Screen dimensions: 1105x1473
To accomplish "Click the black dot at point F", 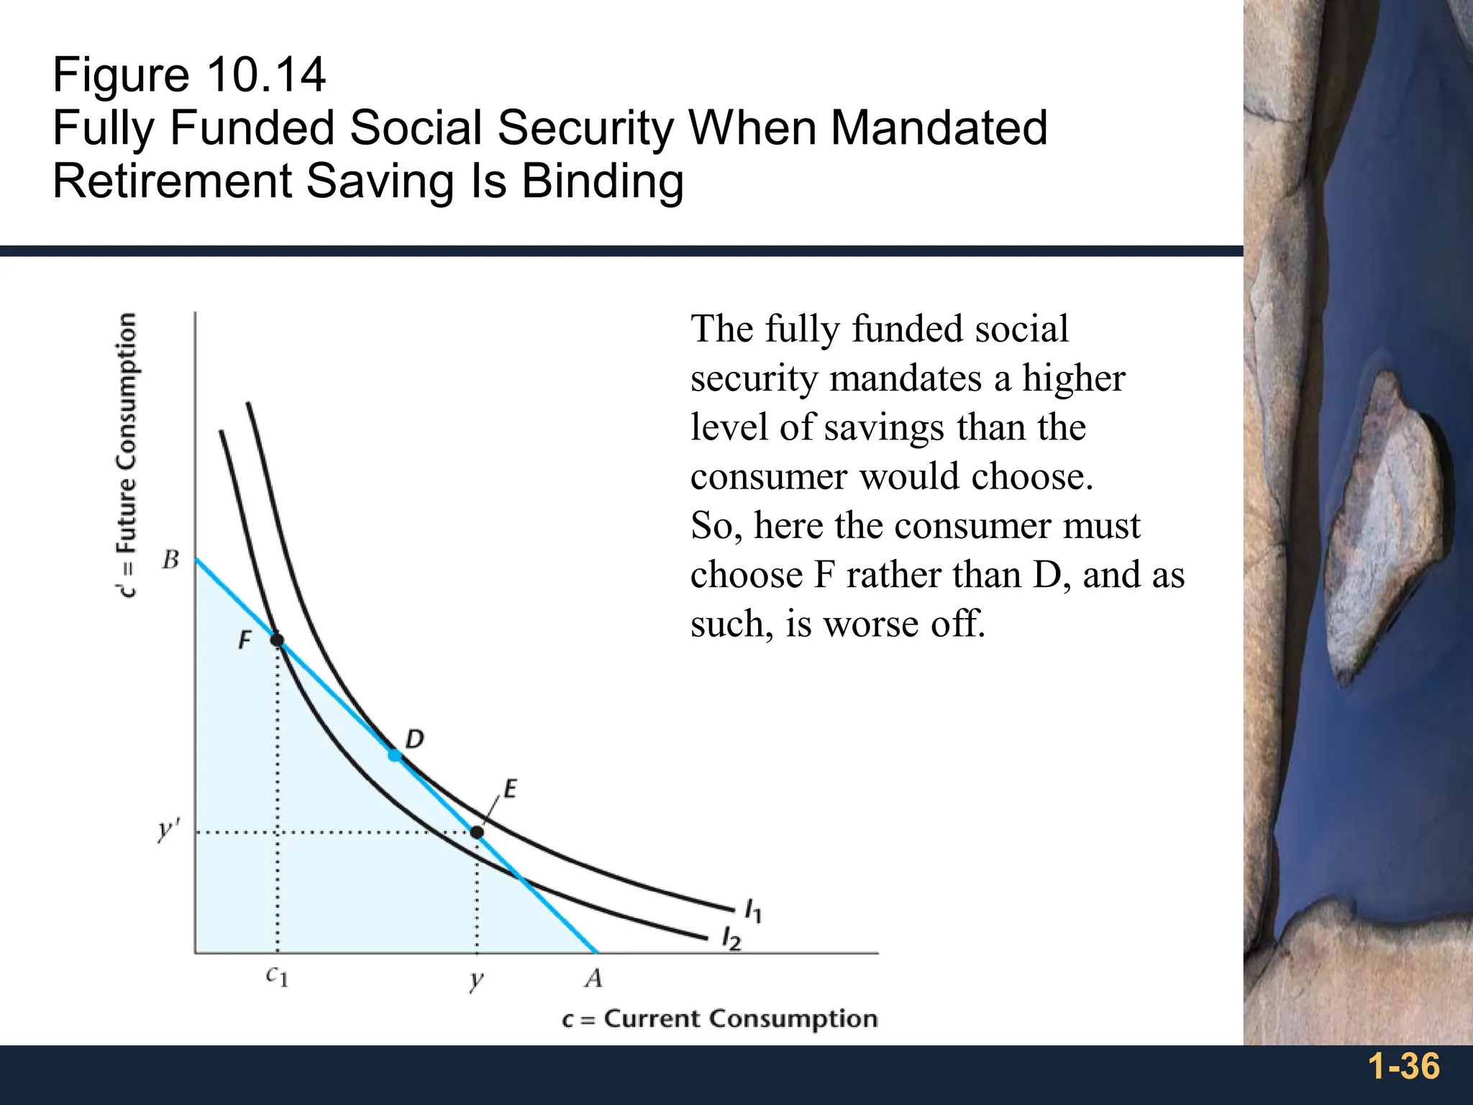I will click(x=277, y=640).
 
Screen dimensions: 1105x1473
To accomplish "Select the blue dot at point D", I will click(x=394, y=755).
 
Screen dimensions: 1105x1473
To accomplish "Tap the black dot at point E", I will click(x=477, y=832).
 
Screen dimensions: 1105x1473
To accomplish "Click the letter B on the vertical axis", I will click(x=170, y=560).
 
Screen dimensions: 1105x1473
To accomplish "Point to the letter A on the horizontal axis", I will click(x=593, y=978).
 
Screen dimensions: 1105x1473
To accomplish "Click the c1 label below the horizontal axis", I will click(x=277, y=976).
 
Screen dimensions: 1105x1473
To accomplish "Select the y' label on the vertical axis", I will click(x=167, y=831).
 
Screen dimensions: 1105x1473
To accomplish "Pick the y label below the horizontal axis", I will click(x=476, y=980).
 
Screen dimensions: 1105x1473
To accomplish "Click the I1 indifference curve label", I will click(x=753, y=911).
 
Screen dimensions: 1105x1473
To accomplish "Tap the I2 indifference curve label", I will click(x=731, y=939).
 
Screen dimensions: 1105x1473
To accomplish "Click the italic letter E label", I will click(x=510, y=789).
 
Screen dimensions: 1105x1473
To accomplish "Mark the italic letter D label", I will click(x=415, y=739).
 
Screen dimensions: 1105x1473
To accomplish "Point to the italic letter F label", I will click(x=245, y=640).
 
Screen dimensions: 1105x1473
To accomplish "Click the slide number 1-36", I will click(x=1403, y=1066).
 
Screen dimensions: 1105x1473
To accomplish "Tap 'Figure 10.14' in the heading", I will click(x=189, y=75).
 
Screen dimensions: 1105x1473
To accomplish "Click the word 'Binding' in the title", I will click(x=602, y=181).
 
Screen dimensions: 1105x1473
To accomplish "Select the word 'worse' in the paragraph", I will click(x=871, y=624).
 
